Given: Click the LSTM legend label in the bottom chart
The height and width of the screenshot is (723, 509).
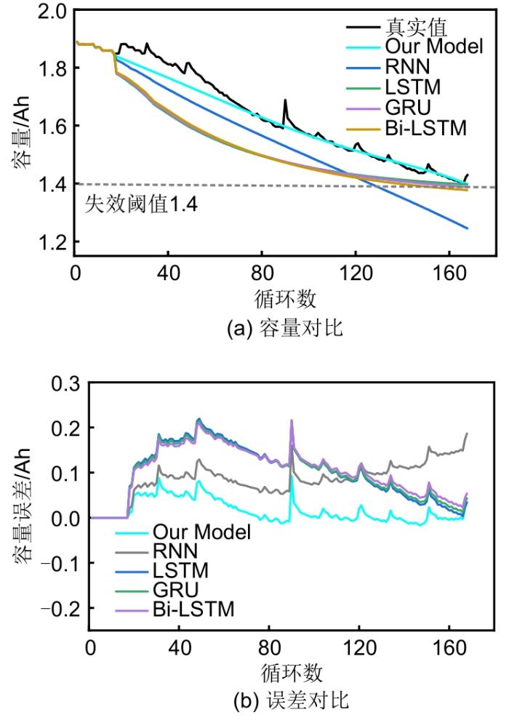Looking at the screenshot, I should (x=180, y=570).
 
